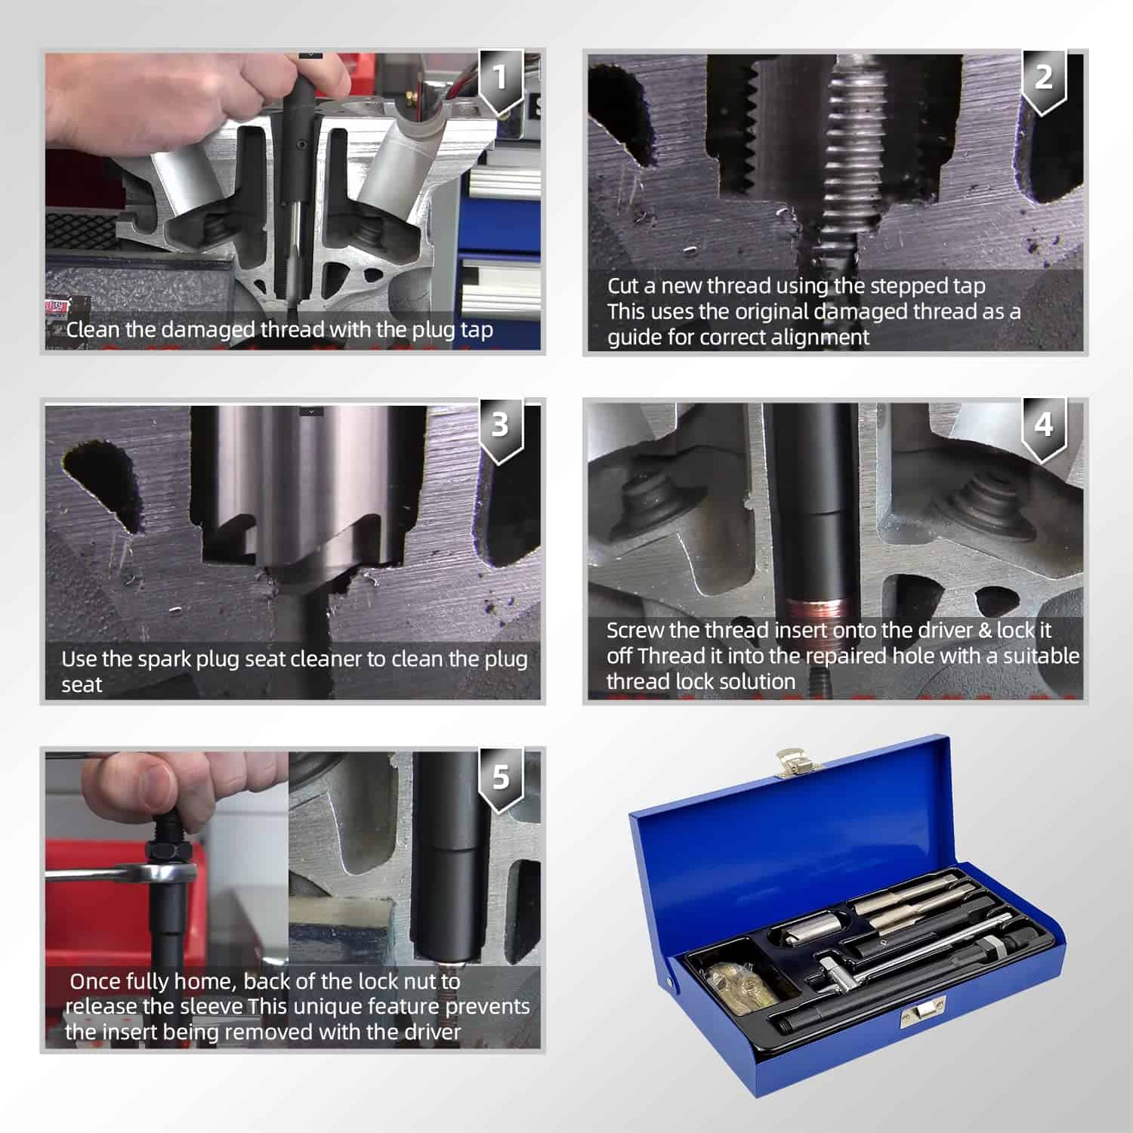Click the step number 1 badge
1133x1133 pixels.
click(500, 82)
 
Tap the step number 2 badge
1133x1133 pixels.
click(1043, 82)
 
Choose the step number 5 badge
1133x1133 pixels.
click(500, 780)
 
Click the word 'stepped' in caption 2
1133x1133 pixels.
click(899, 287)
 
